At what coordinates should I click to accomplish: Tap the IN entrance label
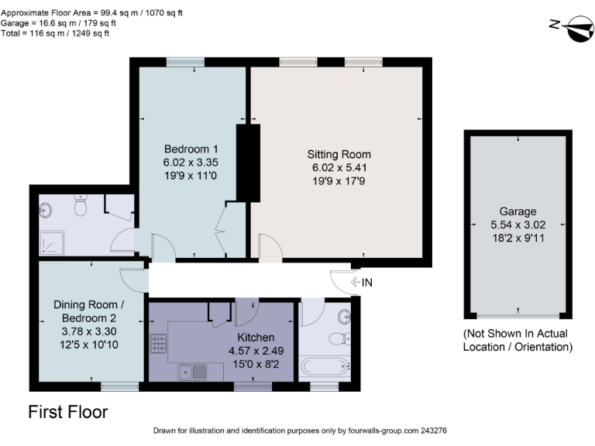point(366,283)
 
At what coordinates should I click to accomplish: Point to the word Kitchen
point(256,337)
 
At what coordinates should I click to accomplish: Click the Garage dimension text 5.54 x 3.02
point(518,225)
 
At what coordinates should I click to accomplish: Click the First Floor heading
point(68,412)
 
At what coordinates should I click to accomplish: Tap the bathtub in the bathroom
point(326,365)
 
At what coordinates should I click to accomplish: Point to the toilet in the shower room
point(80,205)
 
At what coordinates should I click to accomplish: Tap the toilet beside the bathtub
point(339,338)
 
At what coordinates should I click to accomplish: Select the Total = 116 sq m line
point(54,33)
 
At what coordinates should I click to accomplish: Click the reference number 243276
point(432,431)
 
